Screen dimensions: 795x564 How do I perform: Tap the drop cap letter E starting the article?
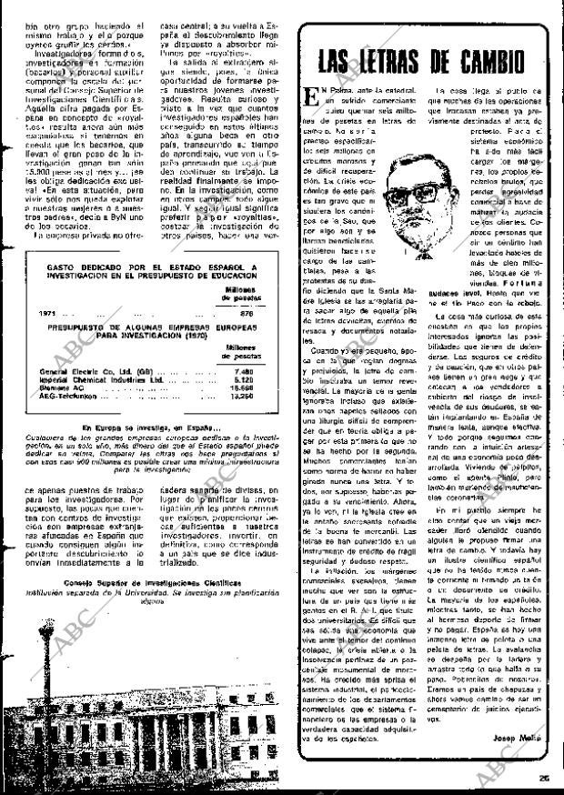pyautogui.click(x=314, y=97)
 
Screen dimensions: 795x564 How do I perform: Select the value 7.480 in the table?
pyautogui.click(x=242, y=372)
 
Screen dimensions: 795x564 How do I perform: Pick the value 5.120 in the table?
pyautogui.click(x=242, y=379)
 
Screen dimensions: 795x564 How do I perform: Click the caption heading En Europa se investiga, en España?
pyautogui.click(x=150, y=427)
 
